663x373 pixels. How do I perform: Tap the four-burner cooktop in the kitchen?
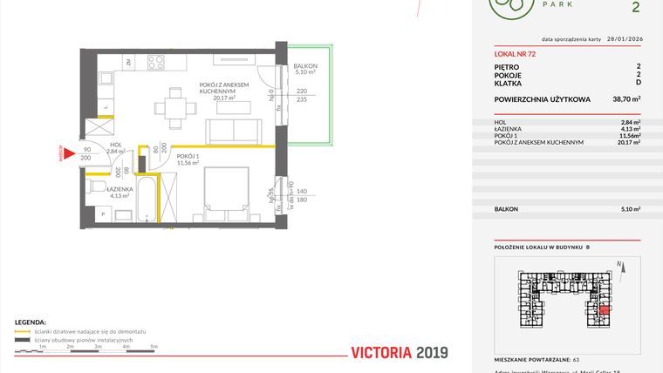pyautogui.click(x=156, y=62)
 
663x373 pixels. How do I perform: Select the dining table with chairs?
pyautogui.click(x=174, y=108)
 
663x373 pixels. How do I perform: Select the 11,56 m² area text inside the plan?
pyautogui.click(x=188, y=163)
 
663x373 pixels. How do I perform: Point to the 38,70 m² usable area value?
pyautogui.click(x=626, y=100)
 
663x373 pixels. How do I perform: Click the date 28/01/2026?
pyautogui.click(x=623, y=39)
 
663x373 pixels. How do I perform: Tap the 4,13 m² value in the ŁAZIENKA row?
pyautogui.click(x=629, y=130)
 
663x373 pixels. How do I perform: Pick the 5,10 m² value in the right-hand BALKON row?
pyautogui.click(x=629, y=209)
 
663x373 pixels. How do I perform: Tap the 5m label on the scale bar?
pyautogui.click(x=154, y=347)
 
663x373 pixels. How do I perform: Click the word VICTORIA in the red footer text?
pyautogui.click(x=380, y=353)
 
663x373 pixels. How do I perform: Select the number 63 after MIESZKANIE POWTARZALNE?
pyautogui.click(x=577, y=358)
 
